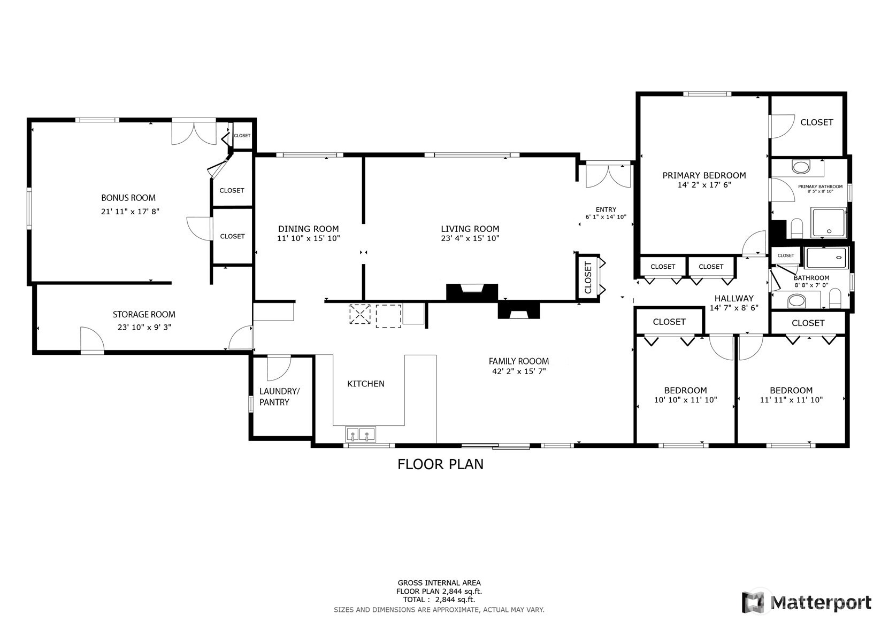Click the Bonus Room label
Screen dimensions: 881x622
(x=128, y=198)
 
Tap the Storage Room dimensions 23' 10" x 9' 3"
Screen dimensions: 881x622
(x=144, y=327)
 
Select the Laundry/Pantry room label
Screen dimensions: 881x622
(x=279, y=396)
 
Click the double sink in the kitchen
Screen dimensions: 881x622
(x=361, y=434)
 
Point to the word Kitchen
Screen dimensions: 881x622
(x=366, y=384)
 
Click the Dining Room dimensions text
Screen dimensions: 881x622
(x=308, y=238)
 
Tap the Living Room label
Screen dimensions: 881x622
(x=470, y=229)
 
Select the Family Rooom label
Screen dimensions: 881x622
(x=519, y=361)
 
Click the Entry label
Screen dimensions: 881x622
(x=606, y=209)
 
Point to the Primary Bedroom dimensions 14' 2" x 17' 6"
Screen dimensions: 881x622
(x=704, y=185)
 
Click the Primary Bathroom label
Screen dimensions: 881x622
(x=820, y=186)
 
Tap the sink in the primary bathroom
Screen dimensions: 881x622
(x=801, y=167)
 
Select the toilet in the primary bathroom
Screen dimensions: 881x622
(x=796, y=228)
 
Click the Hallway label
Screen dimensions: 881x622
(x=734, y=298)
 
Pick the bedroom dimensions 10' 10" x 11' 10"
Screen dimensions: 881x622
(x=686, y=400)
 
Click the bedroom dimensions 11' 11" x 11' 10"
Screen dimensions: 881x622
(x=791, y=400)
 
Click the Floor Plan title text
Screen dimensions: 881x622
(x=440, y=464)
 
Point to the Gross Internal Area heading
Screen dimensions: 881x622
(x=439, y=582)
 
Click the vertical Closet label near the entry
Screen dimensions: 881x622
(x=588, y=277)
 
